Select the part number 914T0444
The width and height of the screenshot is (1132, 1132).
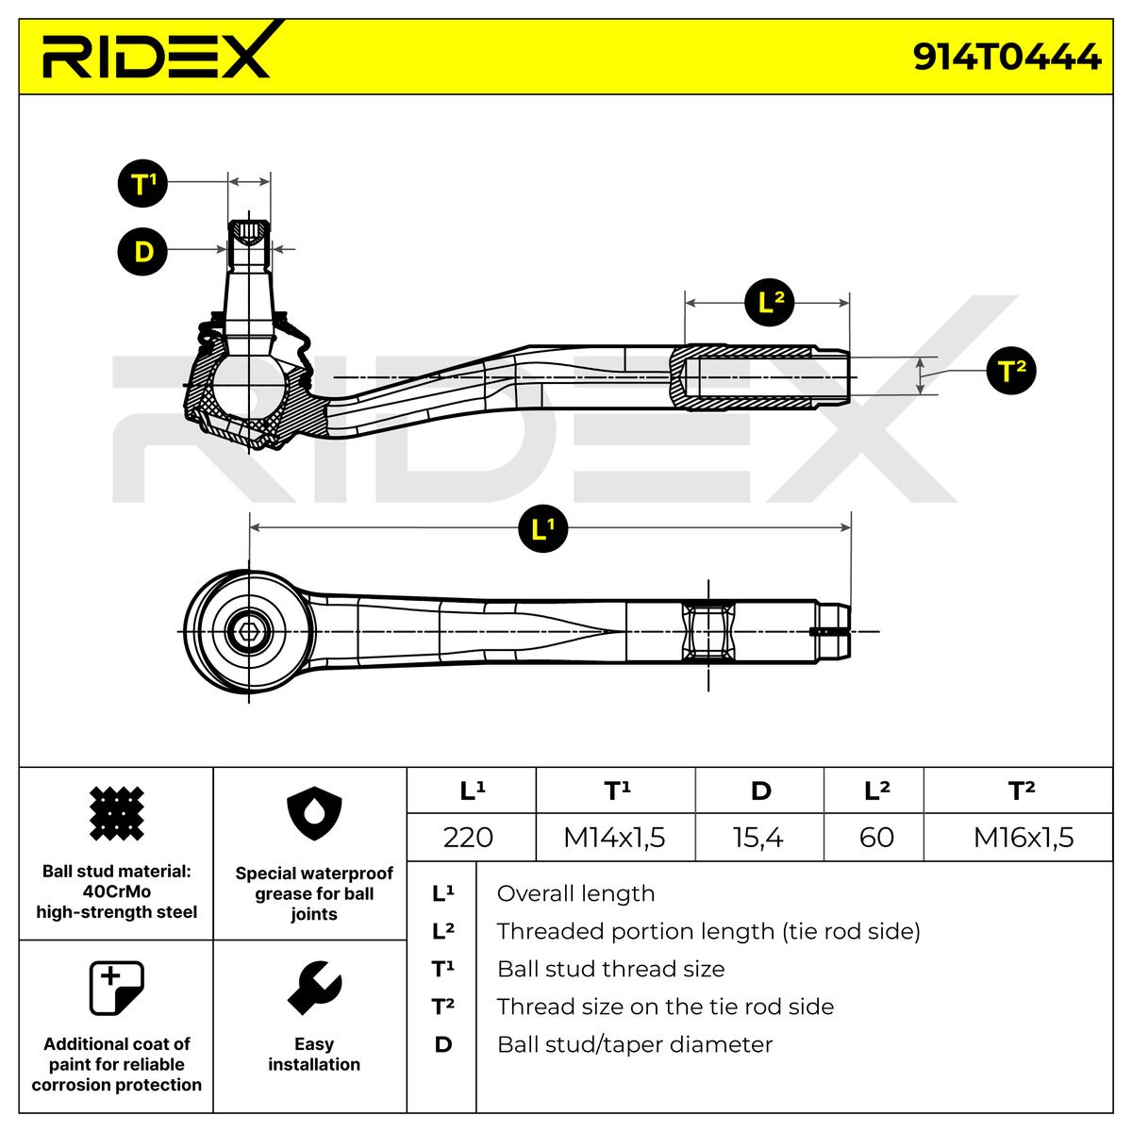pos(1007,58)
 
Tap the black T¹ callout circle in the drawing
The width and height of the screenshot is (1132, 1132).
pos(142,183)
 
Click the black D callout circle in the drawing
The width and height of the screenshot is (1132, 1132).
pos(142,251)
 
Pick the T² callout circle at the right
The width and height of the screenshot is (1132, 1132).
pos(1010,371)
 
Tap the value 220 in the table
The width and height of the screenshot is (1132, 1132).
pos(468,837)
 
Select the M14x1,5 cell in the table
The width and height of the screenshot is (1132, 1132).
pos(614,837)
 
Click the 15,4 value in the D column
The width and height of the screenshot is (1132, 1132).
pos(758,837)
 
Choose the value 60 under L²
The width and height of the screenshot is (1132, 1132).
pos(876,837)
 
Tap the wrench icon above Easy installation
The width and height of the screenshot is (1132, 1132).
pos(313,988)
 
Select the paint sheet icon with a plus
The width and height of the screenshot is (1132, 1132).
pos(116,988)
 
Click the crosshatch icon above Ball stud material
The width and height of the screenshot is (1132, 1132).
pos(116,812)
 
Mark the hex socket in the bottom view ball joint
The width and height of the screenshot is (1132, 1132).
pos(249,631)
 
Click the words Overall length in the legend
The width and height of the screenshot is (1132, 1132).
pos(575,893)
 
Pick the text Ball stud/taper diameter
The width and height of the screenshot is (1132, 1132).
pos(634,1044)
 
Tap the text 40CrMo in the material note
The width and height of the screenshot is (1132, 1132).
pos(116,891)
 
